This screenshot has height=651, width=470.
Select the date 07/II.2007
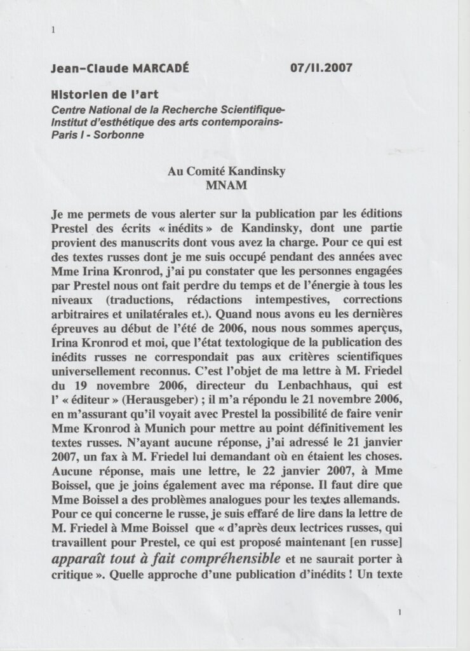pyautogui.click(x=321, y=67)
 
